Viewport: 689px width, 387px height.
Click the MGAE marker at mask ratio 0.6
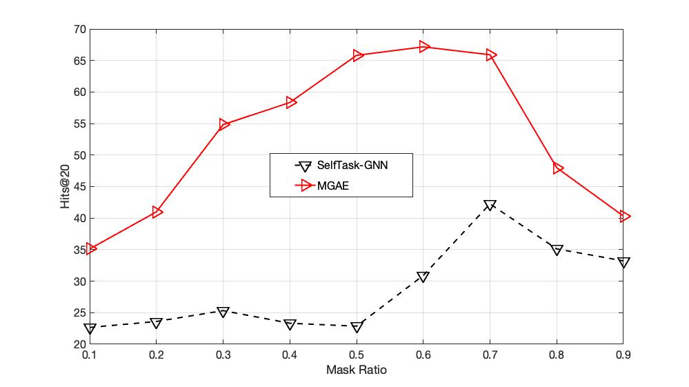tap(424, 47)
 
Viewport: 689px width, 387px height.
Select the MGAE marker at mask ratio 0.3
tap(223, 124)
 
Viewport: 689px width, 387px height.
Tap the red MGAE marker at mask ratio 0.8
tap(558, 168)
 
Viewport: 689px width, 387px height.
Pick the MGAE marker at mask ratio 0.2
tap(157, 212)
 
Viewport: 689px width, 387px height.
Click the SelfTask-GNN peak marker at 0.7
tap(490, 205)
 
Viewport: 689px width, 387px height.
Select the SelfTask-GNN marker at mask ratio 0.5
tap(357, 326)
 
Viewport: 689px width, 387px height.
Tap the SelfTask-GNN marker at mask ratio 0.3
tap(223, 312)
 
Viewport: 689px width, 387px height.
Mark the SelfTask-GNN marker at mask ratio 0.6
tap(423, 277)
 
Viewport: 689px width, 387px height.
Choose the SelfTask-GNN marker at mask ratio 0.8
tap(557, 250)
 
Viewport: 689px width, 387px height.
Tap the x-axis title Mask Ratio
tap(357, 370)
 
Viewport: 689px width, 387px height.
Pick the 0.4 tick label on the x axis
tap(290, 355)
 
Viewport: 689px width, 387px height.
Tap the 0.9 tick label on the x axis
tap(623, 355)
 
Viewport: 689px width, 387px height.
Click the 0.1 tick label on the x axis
tap(90, 355)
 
